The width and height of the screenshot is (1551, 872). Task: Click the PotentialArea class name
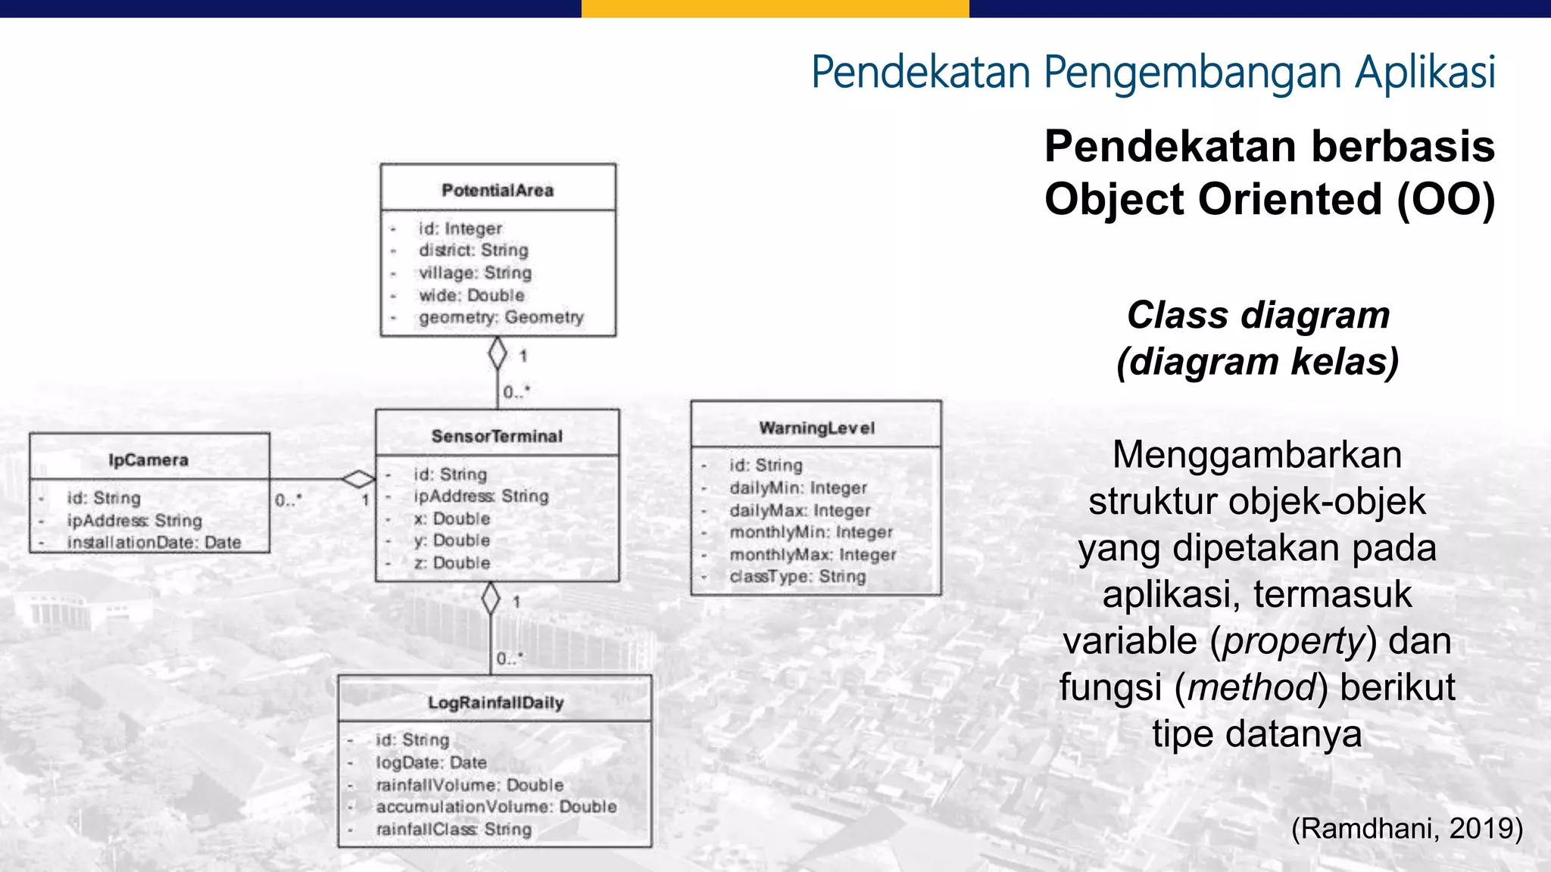tap(498, 190)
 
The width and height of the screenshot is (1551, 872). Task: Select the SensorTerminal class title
tap(497, 436)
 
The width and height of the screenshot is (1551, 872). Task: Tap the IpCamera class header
tap(148, 459)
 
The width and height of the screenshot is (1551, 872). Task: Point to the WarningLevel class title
tap(816, 428)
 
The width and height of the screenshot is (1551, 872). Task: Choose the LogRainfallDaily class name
tap(495, 702)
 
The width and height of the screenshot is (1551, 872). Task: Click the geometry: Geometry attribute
tap(501, 317)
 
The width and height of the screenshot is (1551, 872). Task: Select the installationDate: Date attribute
tap(154, 542)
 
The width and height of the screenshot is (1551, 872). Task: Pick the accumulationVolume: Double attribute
tap(496, 807)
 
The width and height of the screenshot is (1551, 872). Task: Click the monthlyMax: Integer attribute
tap(813, 555)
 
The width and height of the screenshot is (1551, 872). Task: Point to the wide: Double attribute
tap(471, 295)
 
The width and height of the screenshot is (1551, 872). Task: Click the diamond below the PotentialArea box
tap(498, 353)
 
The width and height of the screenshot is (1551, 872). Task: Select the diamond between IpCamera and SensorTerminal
tap(358, 479)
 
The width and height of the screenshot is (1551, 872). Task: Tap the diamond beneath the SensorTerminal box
tap(491, 599)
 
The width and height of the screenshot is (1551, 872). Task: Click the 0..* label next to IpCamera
tap(288, 500)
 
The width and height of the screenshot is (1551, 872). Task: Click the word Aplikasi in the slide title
tap(1425, 72)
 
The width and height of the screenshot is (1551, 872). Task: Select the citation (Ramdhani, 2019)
tap(1406, 828)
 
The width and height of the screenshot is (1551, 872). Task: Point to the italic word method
tap(1251, 687)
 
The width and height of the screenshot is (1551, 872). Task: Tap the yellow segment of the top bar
tap(775, 8)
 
